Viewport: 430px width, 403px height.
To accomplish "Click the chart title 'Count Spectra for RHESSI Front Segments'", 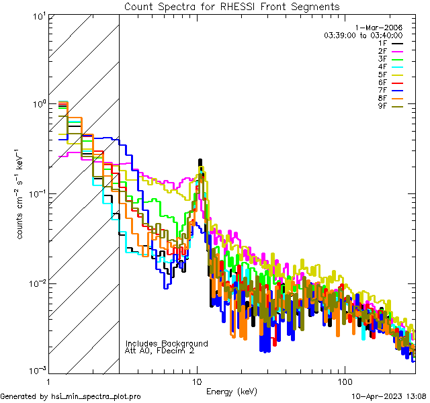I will click(232, 7).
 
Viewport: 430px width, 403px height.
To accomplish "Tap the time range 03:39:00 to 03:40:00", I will click(363, 35).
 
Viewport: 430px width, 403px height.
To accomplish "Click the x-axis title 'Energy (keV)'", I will click(232, 391).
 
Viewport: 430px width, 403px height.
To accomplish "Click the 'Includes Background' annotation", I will click(167, 343).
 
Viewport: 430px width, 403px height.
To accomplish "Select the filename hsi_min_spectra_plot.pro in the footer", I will click(96, 397).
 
